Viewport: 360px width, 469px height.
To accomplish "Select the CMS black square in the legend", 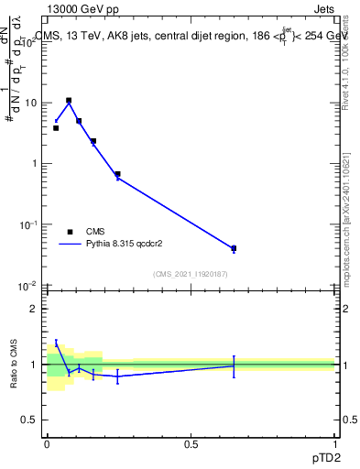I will pos(70,232).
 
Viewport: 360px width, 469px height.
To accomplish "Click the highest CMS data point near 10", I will pos(69,101).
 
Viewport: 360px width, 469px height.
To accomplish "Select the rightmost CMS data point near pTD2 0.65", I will pos(234,248).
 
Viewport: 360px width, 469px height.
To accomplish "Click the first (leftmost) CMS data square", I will pos(56,128).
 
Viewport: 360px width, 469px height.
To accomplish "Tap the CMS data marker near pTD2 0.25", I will pos(117,174).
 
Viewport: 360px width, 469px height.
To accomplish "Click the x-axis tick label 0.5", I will pos(191,443).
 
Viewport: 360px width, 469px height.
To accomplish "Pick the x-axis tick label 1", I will pos(334,443).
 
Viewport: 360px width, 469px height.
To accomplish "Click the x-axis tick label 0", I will pos(47,443).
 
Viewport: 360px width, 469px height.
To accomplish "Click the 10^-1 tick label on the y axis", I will pos(27,225).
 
